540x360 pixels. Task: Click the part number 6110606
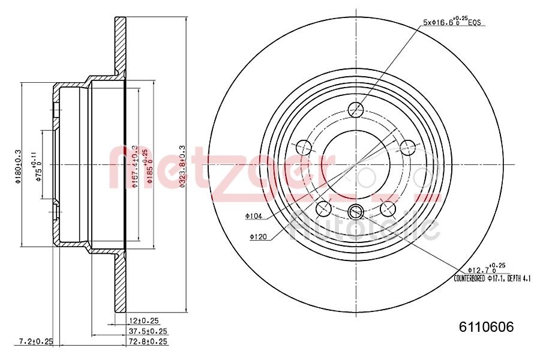click(486, 327)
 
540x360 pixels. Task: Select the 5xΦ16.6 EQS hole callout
click(453, 22)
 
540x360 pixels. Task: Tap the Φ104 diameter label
click(253, 215)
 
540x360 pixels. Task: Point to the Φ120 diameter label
click(258, 238)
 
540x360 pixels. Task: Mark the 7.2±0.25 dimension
click(35, 341)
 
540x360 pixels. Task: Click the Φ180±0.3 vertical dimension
click(19, 167)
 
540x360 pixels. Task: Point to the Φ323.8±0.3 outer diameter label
click(182, 167)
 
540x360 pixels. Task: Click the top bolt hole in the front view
click(356, 109)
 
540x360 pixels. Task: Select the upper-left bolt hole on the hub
click(304, 146)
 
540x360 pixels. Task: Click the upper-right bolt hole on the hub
click(408, 146)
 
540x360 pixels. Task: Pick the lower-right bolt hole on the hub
click(388, 208)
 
